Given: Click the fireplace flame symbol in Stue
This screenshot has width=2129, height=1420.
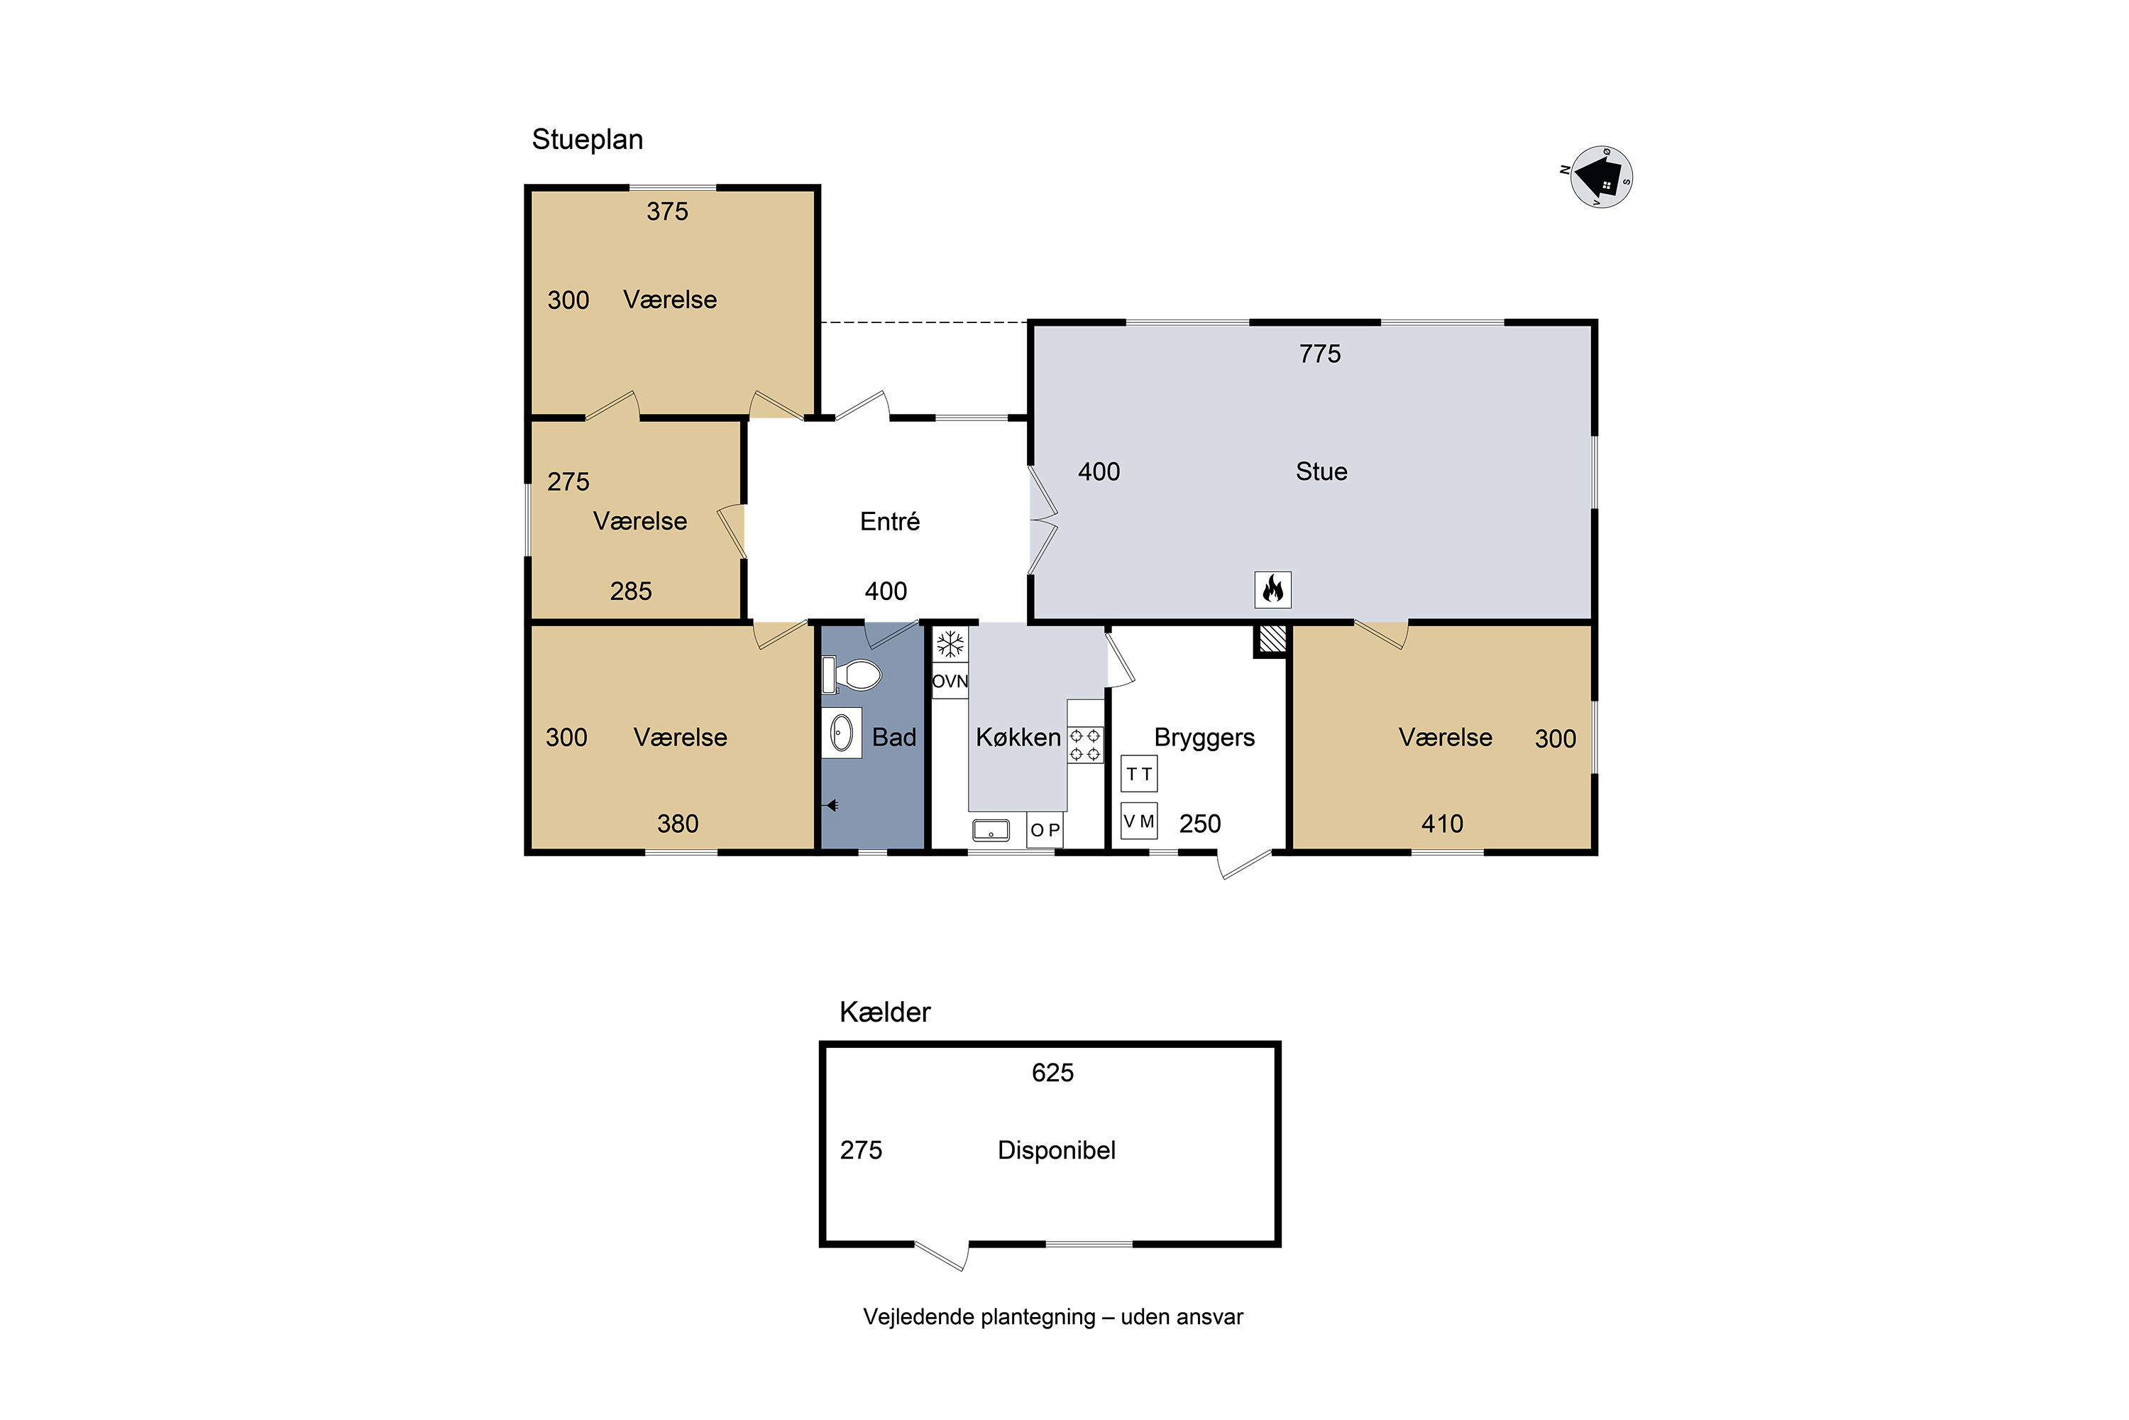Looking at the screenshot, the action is [1272, 589].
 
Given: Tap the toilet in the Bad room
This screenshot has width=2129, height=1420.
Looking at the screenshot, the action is [851, 674].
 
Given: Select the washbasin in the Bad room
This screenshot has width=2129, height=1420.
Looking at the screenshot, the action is [841, 733].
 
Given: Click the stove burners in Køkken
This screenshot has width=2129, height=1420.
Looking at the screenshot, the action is [1085, 744].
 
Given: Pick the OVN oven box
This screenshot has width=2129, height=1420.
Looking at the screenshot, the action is [950, 681].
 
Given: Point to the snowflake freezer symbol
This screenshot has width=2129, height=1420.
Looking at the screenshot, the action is [950, 645].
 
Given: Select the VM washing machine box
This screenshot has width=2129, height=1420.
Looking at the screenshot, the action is [1139, 821].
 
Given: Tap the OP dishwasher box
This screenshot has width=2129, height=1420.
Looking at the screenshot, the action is [1045, 829].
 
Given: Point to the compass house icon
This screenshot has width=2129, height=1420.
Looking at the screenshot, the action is [1601, 177].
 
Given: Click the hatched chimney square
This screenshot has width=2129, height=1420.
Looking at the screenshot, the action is [1272, 638].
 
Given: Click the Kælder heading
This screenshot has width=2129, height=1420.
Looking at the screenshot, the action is [884, 1012].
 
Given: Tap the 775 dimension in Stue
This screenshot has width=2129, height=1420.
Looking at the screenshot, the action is [1320, 354].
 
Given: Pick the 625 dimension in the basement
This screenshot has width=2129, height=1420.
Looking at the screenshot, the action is [1052, 1073].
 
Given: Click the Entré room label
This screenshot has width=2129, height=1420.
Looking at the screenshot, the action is [890, 522].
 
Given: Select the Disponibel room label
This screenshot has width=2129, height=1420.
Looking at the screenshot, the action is [1057, 1151].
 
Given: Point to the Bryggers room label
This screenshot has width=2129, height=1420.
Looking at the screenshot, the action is [1204, 739].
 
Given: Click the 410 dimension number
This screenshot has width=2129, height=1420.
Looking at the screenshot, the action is [1442, 824].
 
